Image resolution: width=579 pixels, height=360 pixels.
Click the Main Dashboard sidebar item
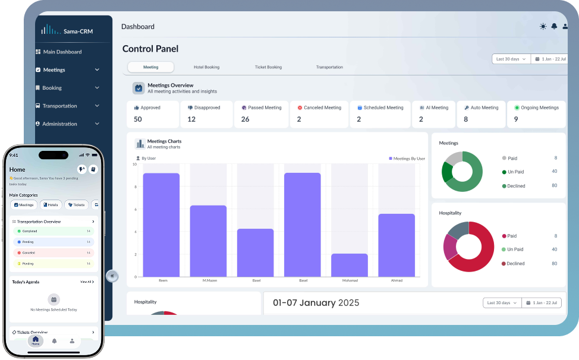click(62, 52)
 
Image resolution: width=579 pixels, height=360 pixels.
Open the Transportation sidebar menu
click(59, 106)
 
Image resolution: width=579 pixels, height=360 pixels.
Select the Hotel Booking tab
click(206, 67)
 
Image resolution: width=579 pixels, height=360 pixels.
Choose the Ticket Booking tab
click(268, 67)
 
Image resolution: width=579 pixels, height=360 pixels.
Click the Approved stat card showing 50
click(153, 114)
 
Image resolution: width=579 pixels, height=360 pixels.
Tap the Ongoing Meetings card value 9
click(516, 119)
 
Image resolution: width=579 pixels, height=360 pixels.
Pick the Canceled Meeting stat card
click(320, 114)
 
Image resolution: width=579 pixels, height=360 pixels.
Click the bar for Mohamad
click(349, 265)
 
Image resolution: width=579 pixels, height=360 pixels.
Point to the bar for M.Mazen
click(208, 241)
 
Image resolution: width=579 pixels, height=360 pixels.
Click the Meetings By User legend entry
click(407, 159)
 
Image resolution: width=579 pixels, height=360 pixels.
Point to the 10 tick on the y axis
click(134, 165)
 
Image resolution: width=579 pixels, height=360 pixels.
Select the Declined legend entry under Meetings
click(515, 186)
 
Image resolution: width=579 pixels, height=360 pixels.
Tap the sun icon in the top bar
click(543, 27)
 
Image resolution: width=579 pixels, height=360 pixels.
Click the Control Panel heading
click(150, 49)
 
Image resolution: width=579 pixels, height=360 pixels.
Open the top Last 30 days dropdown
click(511, 59)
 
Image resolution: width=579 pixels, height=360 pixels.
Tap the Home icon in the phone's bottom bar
click(36, 340)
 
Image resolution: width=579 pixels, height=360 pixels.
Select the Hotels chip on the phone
click(51, 205)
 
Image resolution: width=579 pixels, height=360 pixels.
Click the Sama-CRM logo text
click(78, 31)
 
